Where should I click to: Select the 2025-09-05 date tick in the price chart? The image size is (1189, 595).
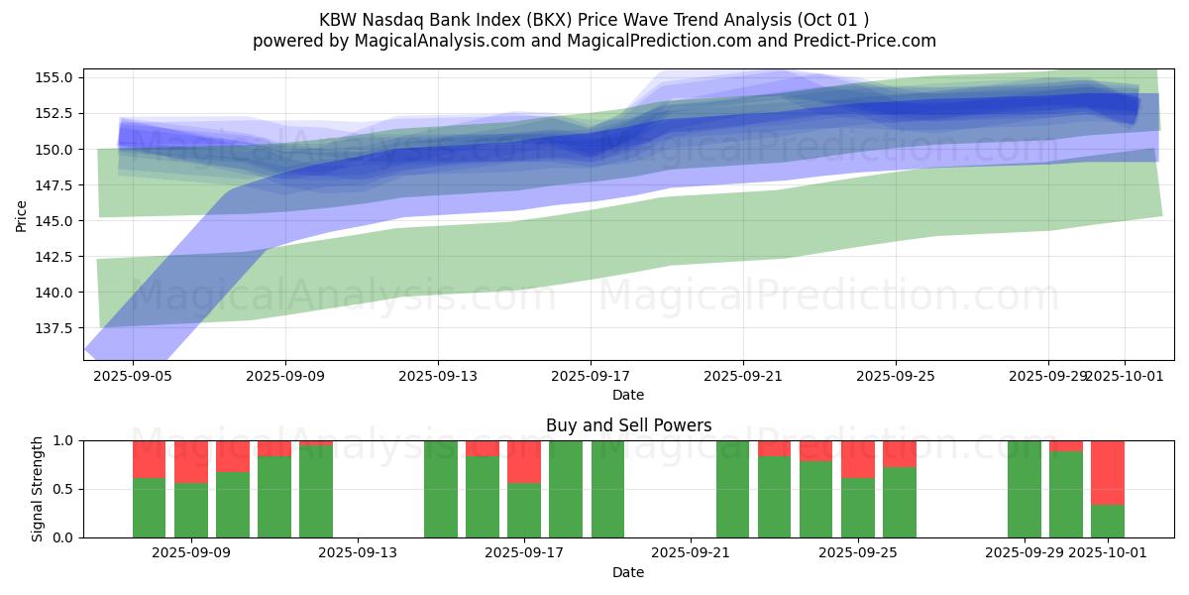point(133,377)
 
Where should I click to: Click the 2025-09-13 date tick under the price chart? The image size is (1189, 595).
point(438,377)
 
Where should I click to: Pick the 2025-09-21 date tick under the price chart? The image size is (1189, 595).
point(743,377)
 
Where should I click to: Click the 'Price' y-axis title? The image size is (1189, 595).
point(22,214)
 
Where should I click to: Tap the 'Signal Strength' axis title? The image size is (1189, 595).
point(38,488)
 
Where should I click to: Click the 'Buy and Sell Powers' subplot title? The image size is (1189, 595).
point(628,425)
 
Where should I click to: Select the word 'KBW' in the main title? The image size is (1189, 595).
point(339,20)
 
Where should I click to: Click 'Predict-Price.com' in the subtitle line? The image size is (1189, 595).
point(862,41)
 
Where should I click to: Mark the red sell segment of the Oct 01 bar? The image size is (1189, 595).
point(1108,472)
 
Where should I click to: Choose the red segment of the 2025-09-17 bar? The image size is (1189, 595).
point(524,461)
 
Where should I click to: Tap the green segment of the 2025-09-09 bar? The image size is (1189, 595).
point(191,510)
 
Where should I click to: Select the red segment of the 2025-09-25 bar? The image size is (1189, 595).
point(858,458)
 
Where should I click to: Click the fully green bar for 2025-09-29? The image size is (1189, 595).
point(1025,488)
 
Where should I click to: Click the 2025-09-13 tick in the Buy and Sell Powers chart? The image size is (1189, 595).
point(357,553)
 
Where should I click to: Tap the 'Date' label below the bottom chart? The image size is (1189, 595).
point(628,572)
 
